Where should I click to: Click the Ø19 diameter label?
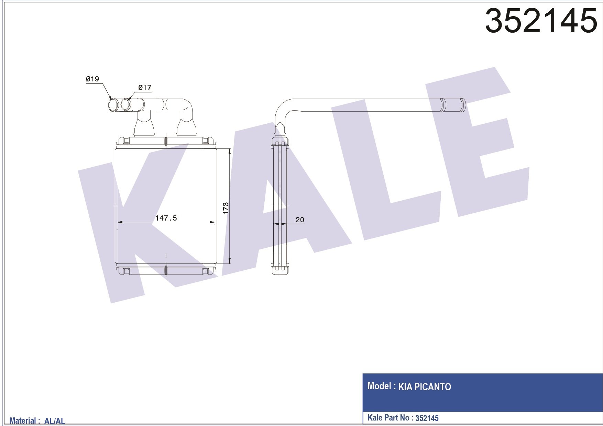[x=92, y=79]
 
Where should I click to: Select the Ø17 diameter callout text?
[x=145, y=88]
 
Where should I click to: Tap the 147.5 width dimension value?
[x=166, y=218]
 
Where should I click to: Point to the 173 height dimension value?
[x=226, y=208]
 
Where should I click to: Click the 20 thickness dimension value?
[x=300, y=220]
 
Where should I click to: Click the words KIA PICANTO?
[x=425, y=387]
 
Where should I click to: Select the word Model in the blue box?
[x=379, y=386]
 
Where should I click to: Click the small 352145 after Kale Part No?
[x=427, y=418]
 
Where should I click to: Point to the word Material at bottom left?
[x=23, y=421]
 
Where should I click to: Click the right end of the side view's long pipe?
[x=462, y=105]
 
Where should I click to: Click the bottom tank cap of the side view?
[x=280, y=270]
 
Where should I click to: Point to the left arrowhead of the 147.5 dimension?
[x=119, y=222]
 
